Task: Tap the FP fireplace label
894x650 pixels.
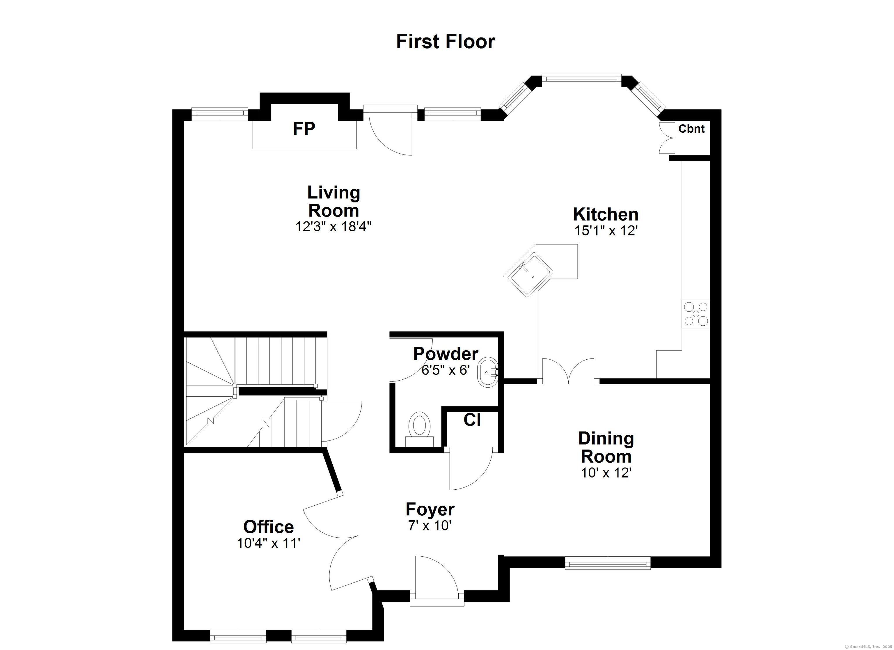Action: (304, 129)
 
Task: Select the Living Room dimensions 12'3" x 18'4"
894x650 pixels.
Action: (334, 227)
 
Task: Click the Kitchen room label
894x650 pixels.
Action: (606, 214)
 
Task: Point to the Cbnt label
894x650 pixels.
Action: (691, 129)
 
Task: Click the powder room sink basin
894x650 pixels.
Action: (488, 372)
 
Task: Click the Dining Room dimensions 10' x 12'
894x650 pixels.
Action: (606, 473)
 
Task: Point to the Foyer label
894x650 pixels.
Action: (430, 509)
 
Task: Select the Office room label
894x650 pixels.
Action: (268, 527)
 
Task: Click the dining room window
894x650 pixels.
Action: (607, 563)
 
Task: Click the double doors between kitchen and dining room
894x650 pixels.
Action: (568, 370)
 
